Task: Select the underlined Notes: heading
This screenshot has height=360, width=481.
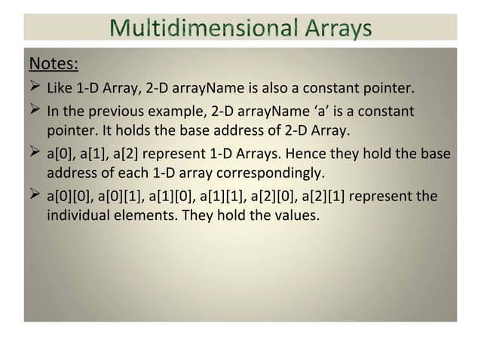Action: pos(54,60)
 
